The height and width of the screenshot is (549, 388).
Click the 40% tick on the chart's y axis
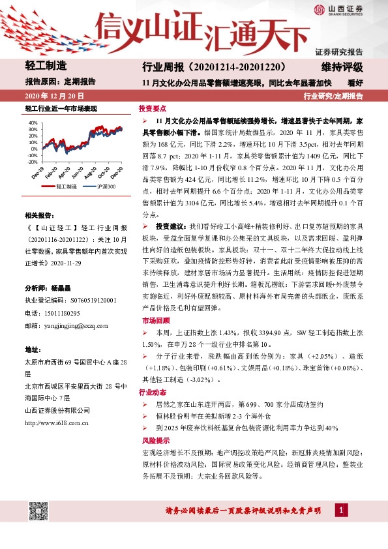(x=32, y=122)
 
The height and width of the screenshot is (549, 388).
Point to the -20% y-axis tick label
(x=31, y=156)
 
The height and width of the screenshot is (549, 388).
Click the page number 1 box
(x=341, y=509)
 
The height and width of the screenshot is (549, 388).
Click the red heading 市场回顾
(x=151, y=321)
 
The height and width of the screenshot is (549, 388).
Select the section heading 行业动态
(x=151, y=393)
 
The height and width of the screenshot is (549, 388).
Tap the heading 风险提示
(x=151, y=441)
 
